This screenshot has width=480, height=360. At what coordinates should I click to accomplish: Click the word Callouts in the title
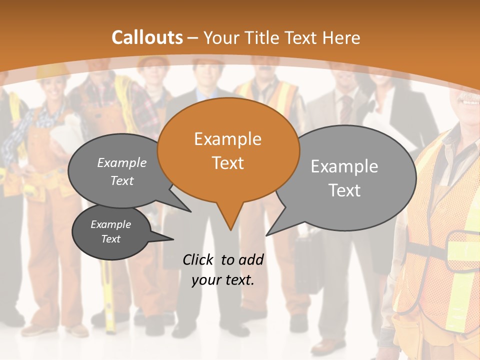[x=147, y=37]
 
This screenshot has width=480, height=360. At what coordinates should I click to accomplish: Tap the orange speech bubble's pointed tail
[x=230, y=220]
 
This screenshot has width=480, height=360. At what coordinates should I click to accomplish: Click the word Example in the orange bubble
[x=227, y=138]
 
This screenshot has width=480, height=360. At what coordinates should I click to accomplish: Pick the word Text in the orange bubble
[x=227, y=163]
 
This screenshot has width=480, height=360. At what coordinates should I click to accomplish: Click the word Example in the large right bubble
[x=344, y=166]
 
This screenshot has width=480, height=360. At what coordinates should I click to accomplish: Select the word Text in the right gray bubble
[x=344, y=190]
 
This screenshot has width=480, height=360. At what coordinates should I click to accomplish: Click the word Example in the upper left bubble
[x=121, y=162]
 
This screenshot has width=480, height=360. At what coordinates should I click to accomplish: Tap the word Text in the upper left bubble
[x=122, y=180]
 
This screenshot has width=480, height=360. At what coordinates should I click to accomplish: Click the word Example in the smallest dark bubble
[x=110, y=224]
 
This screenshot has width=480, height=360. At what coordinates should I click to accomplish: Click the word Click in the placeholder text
[x=198, y=259]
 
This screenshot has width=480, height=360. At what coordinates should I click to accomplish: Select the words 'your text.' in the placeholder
[x=222, y=280]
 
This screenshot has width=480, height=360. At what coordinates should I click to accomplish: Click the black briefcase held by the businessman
[x=307, y=265]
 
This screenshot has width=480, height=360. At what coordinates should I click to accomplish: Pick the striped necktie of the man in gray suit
[x=345, y=108]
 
